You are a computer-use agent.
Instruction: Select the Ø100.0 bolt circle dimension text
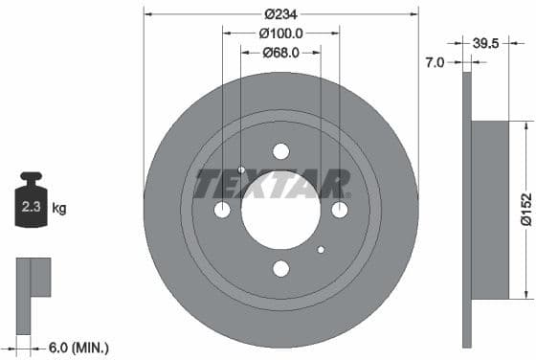(x=280, y=34)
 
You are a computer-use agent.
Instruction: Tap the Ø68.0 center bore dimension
(x=280, y=53)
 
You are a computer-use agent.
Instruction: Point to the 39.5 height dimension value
(x=488, y=43)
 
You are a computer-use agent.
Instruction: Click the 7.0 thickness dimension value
(x=435, y=62)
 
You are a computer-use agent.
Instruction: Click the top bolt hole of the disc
(x=280, y=151)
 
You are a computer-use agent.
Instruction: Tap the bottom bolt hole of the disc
(x=280, y=269)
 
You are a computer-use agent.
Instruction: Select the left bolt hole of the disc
(x=222, y=210)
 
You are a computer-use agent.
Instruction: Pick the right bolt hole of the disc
(x=339, y=210)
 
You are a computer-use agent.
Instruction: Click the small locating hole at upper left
(x=241, y=170)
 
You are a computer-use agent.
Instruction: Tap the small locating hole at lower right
(x=321, y=250)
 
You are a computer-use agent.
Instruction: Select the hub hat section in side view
(x=490, y=210)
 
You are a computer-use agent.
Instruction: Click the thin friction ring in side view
(x=467, y=287)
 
